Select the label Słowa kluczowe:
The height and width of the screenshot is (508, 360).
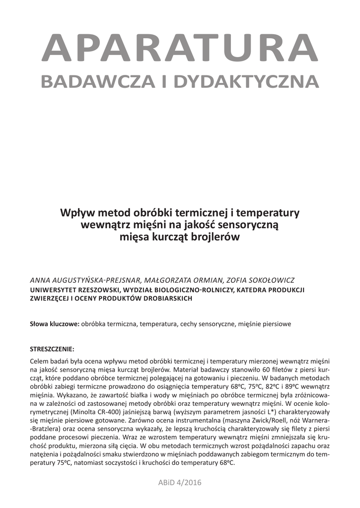point(55,324)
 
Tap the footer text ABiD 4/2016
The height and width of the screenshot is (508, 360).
point(180,483)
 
